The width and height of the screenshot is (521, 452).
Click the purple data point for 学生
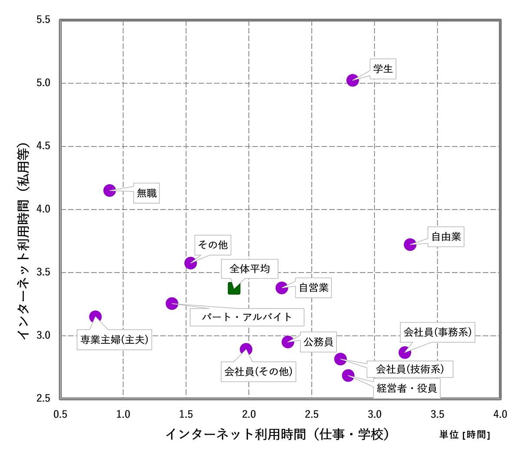(353, 80)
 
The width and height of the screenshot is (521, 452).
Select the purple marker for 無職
(109, 190)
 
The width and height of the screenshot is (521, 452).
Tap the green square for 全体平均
(234, 288)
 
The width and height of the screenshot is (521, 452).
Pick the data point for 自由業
(410, 245)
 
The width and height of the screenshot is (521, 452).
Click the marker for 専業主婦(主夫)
(96, 317)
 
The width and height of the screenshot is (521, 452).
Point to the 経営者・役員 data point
(348, 375)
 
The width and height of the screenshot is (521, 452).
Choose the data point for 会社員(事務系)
(405, 352)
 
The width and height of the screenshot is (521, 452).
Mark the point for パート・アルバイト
(172, 303)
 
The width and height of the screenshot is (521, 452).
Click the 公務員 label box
(318, 342)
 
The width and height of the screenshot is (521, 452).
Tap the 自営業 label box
(313, 288)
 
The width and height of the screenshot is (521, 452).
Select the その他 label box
(213, 245)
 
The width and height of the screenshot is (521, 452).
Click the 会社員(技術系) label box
(410, 369)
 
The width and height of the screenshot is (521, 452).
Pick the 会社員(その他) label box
(258, 372)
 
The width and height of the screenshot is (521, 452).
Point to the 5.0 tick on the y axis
(43, 83)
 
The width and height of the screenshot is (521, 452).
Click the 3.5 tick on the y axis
(43, 273)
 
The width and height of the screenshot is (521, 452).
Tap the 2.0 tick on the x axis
(249, 414)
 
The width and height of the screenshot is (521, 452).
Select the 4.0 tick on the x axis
(500, 414)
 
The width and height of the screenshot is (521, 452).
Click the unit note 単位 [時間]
(465, 435)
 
